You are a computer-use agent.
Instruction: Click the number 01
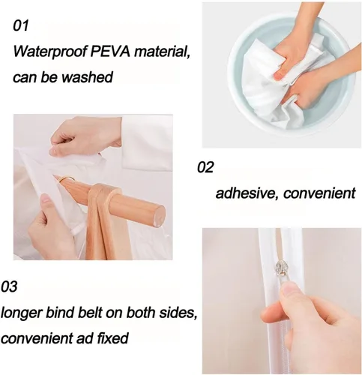[x=21, y=25]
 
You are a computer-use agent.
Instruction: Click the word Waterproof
[x=49, y=52]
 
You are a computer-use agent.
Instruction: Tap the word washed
[x=87, y=76]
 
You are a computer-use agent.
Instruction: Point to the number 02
[x=205, y=167]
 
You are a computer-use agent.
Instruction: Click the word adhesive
[x=247, y=193]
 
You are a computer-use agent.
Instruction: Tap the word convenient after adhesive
[x=319, y=193]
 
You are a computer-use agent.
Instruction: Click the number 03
[x=9, y=286]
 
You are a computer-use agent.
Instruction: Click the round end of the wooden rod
[x=157, y=215]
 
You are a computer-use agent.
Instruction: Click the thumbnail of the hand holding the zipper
[x=282, y=301]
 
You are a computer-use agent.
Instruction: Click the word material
[x=162, y=52]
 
